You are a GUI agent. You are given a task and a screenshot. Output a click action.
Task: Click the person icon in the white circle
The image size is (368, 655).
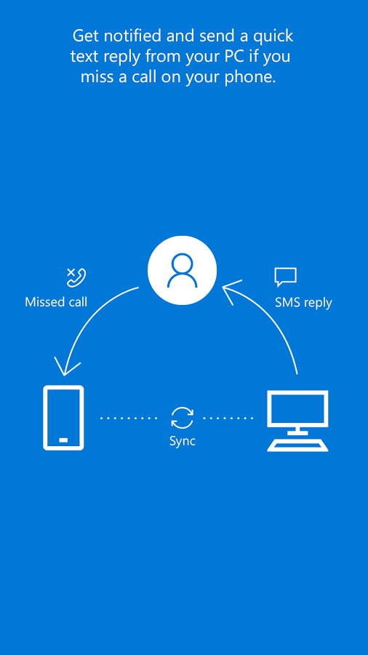pos(182,270)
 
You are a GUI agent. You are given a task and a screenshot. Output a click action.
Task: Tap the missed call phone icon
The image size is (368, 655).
pos(76,278)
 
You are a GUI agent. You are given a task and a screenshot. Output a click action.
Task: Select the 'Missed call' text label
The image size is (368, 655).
pos(56,302)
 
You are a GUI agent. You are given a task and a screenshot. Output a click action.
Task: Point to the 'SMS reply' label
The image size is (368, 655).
pos(303,303)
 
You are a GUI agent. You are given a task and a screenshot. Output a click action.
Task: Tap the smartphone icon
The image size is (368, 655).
pos(63,418)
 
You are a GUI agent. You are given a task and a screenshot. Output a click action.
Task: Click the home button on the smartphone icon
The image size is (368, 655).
pos(63,440)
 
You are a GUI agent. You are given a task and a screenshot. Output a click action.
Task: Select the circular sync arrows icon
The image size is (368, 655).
pos(183,418)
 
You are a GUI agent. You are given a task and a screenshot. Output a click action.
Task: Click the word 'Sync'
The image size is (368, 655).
pos(183,441)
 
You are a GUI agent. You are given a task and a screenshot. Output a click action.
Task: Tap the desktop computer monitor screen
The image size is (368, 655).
pos(297,409)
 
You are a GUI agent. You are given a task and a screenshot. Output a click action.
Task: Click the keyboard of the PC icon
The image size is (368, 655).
pos(297,445)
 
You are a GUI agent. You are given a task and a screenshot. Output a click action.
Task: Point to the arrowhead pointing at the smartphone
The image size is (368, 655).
pos(66,368)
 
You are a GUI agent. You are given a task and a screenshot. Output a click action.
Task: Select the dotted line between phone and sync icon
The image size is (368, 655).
pos(129,418)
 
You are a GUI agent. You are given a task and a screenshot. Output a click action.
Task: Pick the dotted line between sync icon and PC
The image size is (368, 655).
pos(228,418)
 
